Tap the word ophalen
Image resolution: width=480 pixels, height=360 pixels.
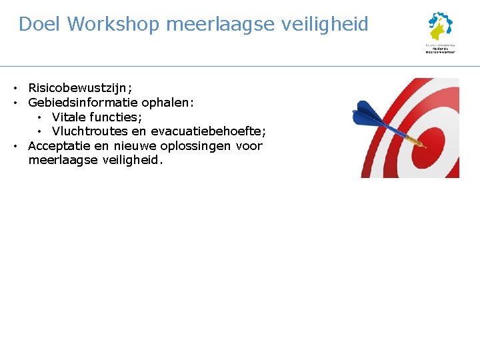click(169, 103)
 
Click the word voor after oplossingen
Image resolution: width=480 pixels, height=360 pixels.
click(249, 146)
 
